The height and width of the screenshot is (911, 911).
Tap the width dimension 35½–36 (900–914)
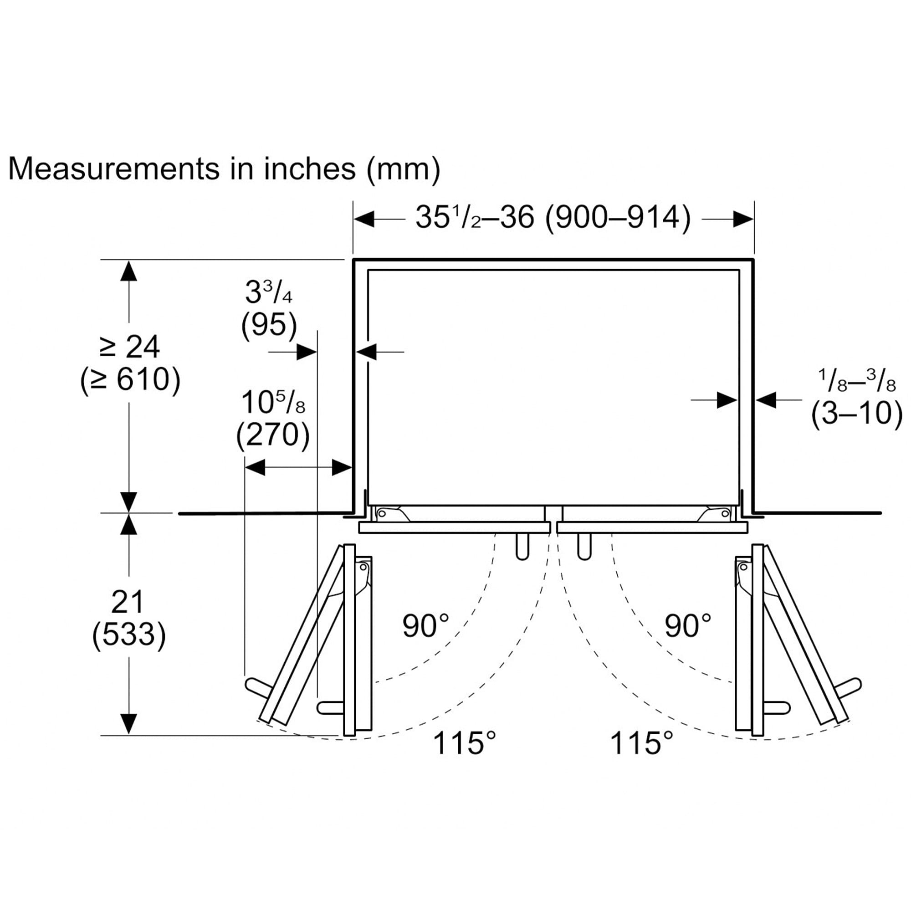[553, 218]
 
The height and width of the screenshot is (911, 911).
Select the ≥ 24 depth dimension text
[130, 348]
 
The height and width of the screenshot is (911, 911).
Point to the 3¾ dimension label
[268, 293]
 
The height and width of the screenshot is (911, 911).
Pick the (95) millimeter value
[269, 325]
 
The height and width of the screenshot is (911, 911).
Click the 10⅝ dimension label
[273, 403]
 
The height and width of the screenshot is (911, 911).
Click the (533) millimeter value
[129, 634]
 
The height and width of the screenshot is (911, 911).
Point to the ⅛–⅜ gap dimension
[856, 380]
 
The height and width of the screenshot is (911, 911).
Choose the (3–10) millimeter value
[856, 413]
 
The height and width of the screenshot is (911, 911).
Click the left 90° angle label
[425, 626]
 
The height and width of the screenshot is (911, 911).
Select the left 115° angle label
[464, 743]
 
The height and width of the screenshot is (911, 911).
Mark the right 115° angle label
[641, 743]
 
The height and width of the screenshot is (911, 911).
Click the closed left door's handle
[522, 547]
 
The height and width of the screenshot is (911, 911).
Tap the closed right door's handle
[584, 547]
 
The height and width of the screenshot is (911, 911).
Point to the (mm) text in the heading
[403, 169]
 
